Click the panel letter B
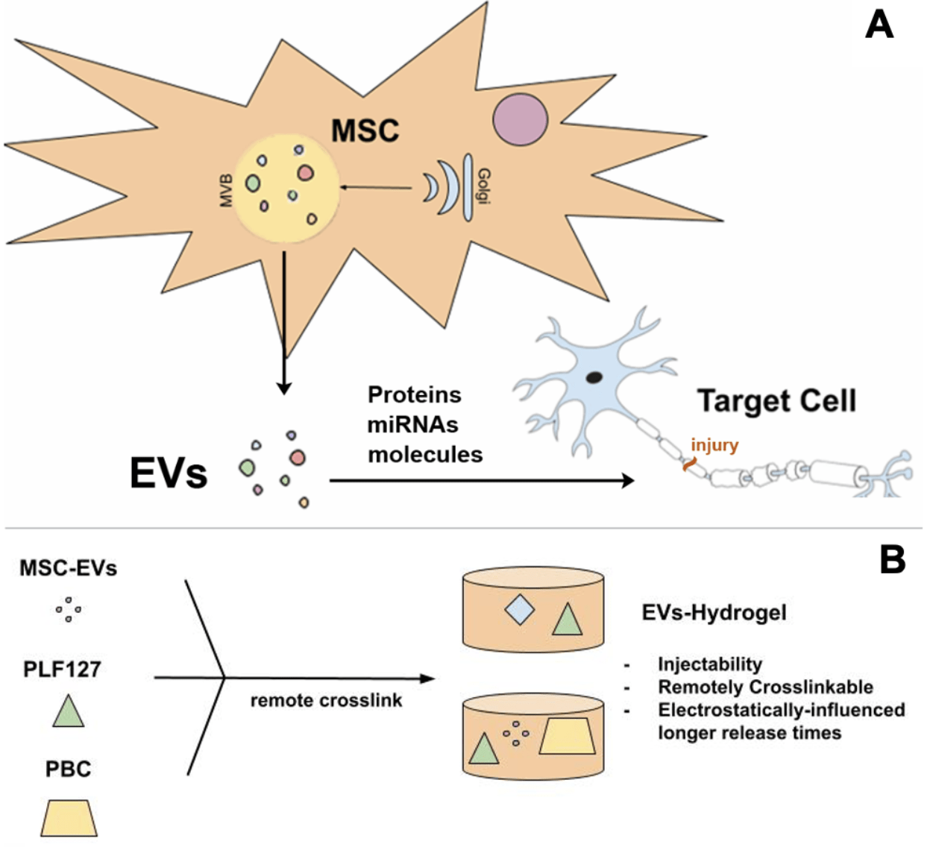pyautogui.click(x=892, y=559)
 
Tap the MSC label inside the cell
pyautogui.click(x=365, y=130)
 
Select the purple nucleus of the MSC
pyautogui.click(x=520, y=119)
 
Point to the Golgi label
pyautogui.click(x=484, y=187)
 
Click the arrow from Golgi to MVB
pyautogui.click(x=377, y=188)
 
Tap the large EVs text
pyautogui.click(x=168, y=473)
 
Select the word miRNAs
pyautogui.click(x=412, y=424)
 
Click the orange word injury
pyautogui.click(x=714, y=445)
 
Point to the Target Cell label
pyautogui.click(x=776, y=401)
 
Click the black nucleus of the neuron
pyautogui.click(x=594, y=377)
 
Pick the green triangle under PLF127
pyautogui.click(x=69, y=711)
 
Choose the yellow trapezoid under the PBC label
pyautogui.click(x=69, y=818)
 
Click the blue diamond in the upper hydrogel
pyautogui.click(x=519, y=609)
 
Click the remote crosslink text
pyautogui.click(x=326, y=701)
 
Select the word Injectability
pyautogui.click(x=709, y=664)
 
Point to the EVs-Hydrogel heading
pyautogui.click(x=714, y=613)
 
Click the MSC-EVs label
pyautogui.click(x=69, y=568)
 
